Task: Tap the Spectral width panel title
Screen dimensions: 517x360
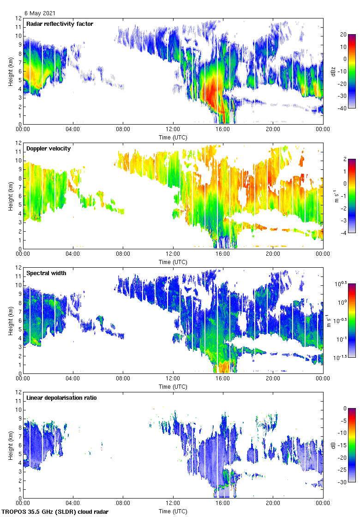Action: [x=46, y=273]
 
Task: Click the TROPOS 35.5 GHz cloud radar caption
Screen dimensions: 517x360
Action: [x=55, y=512]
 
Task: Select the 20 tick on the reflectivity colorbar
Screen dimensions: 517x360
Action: [x=343, y=35]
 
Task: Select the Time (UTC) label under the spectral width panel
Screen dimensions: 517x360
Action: [x=173, y=386]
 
